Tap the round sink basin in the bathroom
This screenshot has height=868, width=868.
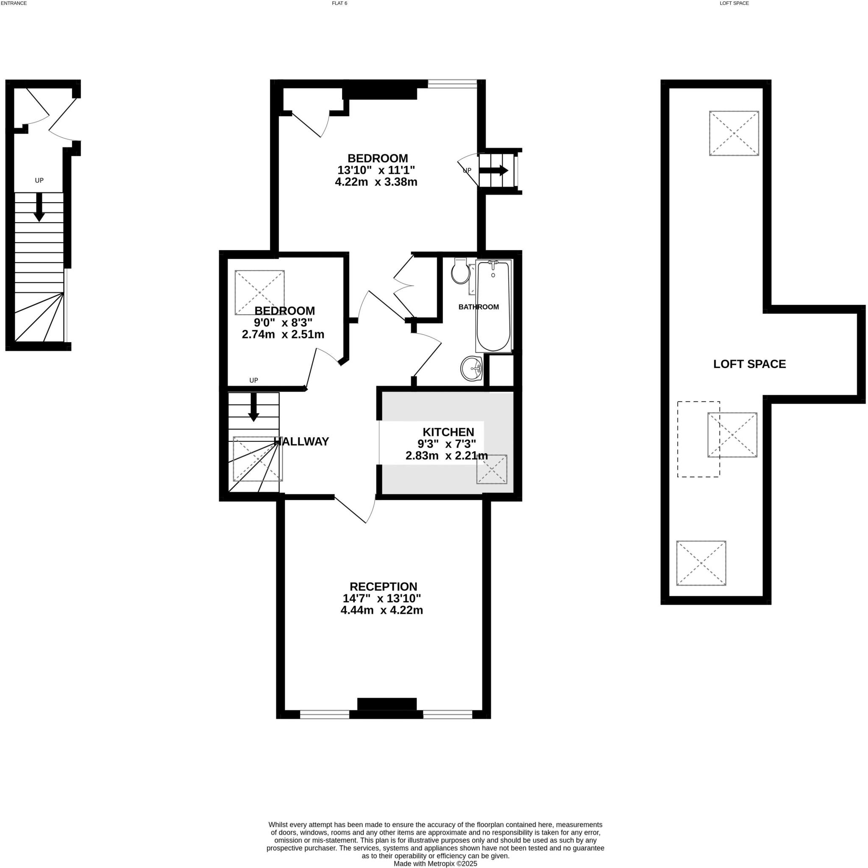(471, 368)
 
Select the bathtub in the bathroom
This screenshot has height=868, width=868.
(493, 306)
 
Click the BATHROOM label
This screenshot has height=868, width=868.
(479, 307)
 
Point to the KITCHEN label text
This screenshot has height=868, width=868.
(448, 432)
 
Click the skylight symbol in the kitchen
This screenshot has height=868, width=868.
(492, 469)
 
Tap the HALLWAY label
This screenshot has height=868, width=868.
(301, 441)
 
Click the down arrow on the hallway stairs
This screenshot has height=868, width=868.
(253, 407)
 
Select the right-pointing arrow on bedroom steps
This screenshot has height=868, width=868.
(493, 171)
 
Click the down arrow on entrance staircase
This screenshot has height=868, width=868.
(39, 208)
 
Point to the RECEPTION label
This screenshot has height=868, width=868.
(383, 586)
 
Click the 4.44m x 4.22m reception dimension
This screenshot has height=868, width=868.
(381, 611)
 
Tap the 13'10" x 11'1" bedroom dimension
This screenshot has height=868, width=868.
(376, 170)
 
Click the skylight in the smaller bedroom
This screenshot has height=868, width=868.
(259, 293)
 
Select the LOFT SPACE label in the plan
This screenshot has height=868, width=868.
(749, 364)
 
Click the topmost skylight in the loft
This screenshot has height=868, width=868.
(734, 134)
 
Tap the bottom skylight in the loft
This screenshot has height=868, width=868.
(701, 563)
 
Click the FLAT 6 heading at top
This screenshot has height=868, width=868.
(337, 3)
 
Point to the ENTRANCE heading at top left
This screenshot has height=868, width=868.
(14, 3)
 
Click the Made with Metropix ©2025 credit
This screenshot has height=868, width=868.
(435, 864)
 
